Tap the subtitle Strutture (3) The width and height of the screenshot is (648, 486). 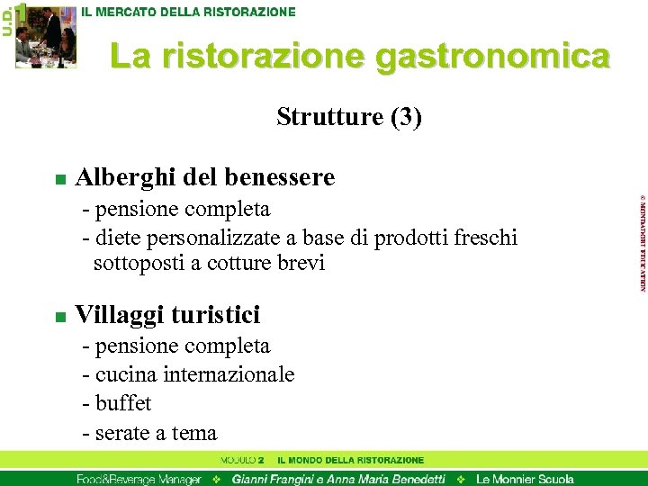tap(349, 117)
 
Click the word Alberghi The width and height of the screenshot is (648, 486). tap(125, 177)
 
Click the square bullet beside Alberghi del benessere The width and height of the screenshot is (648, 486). tap(59, 179)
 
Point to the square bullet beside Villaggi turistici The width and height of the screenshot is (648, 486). tap(59, 317)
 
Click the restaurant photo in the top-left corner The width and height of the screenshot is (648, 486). tap(46, 36)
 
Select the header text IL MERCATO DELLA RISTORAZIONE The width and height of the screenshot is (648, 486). tap(188, 13)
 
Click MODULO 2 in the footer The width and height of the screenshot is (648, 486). tap(241, 461)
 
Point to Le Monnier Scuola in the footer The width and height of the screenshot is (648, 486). tap(525, 479)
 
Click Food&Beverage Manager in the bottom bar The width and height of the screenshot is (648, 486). tap(139, 479)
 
